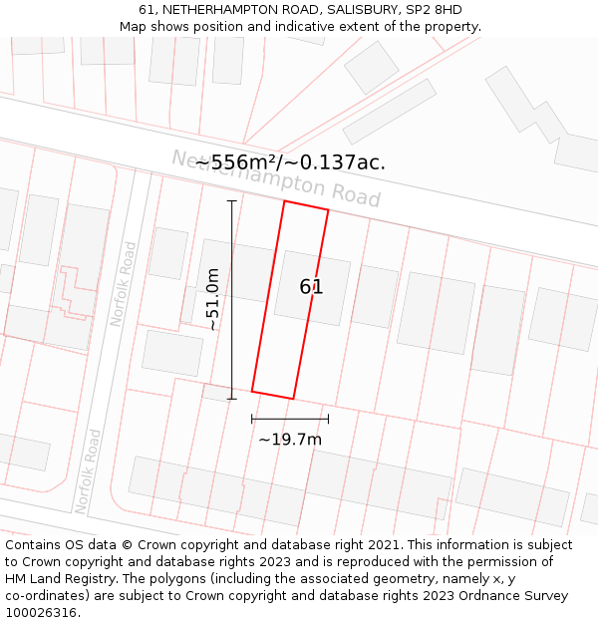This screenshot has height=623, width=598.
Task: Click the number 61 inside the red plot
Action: click(x=311, y=287)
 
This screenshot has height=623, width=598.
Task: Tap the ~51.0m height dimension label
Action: click(x=212, y=299)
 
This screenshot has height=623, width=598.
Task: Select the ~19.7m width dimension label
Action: click(x=290, y=439)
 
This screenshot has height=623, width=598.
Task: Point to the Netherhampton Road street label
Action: click(x=276, y=178)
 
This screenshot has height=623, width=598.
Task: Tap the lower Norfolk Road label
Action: click(x=88, y=470)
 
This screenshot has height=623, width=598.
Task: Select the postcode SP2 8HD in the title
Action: click(x=435, y=10)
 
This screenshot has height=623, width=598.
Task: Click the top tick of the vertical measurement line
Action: click(x=232, y=201)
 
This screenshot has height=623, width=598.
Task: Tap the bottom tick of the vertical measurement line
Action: click(x=232, y=399)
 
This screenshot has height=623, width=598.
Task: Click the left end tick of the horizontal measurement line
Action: click(x=252, y=419)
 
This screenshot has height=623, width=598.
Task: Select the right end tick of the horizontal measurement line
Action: click(x=328, y=419)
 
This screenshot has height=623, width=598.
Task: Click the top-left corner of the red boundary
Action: click(x=285, y=201)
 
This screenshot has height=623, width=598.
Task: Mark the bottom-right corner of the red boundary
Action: click(x=293, y=399)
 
